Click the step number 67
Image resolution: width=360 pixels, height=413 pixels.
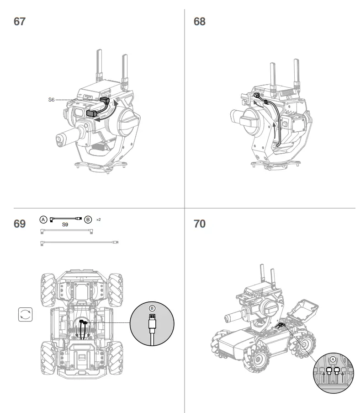[x=19, y=21]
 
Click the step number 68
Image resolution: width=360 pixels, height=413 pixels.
[x=200, y=21]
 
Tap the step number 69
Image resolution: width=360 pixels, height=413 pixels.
[x=19, y=224]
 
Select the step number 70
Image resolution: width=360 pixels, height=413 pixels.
[x=200, y=224]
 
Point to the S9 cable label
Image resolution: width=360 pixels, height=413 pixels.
[x=65, y=225]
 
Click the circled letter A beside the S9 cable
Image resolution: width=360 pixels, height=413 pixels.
[x=43, y=220]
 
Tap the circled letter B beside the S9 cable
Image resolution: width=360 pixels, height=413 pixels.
[x=88, y=220]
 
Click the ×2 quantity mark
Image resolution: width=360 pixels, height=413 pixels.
[x=98, y=220]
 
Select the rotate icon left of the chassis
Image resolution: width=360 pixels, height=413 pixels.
[x=25, y=314]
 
